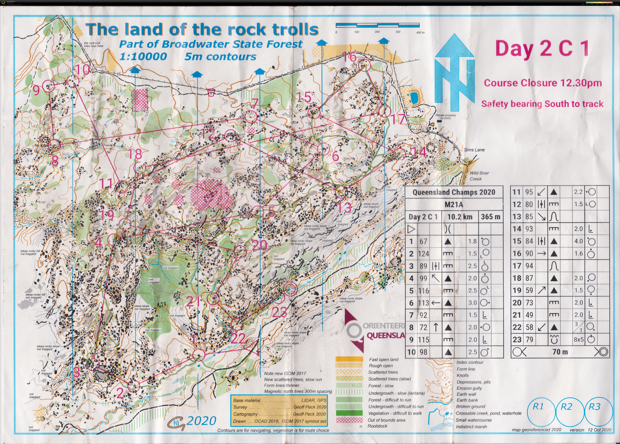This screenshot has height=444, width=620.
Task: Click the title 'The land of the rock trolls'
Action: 202,29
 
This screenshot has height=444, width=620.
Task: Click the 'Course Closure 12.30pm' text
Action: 543,83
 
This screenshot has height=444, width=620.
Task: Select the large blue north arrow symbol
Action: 454,72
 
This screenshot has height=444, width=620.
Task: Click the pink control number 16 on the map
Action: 349,57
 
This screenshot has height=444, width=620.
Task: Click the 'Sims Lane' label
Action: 474,150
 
